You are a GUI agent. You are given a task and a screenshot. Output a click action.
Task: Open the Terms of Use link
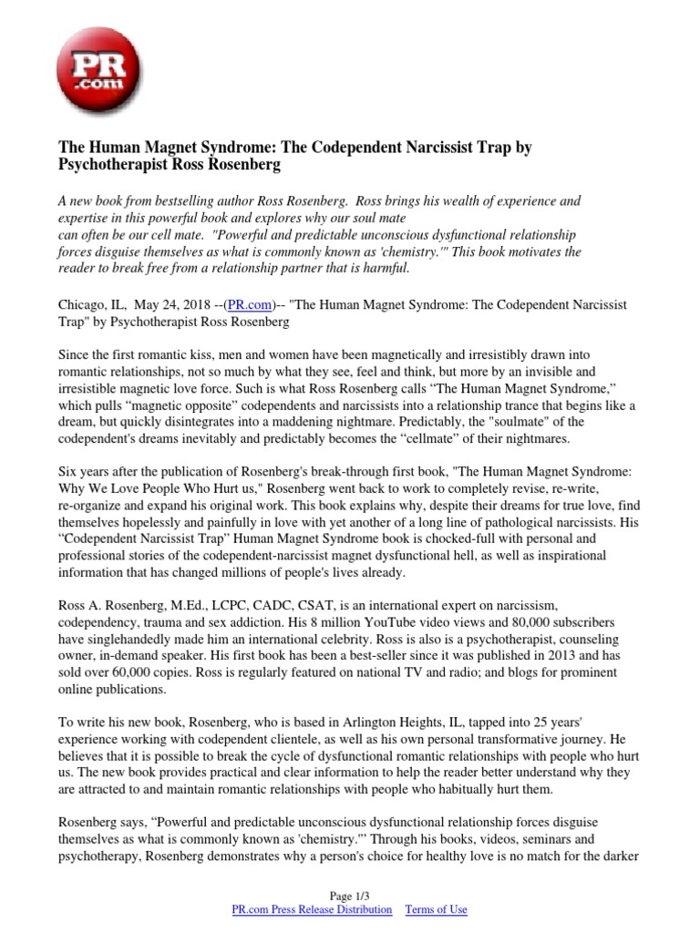(436, 909)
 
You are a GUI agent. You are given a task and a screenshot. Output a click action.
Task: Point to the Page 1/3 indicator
(350, 896)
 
